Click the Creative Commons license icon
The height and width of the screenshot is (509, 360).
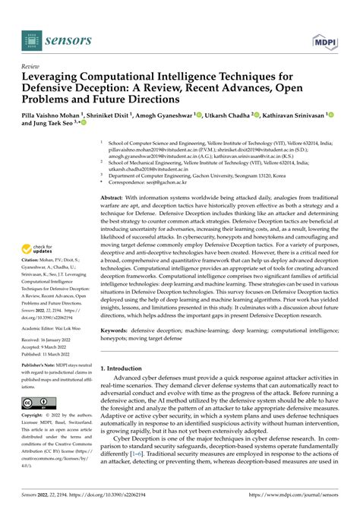coord(36,403)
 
